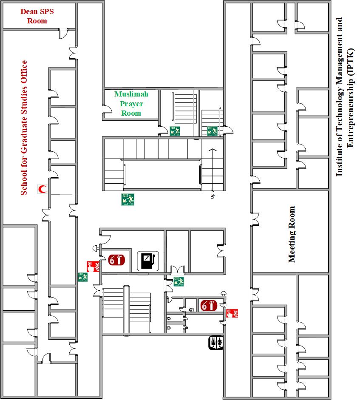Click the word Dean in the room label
pos(29,11)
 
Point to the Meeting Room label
pos(292,234)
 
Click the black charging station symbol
pos(147,260)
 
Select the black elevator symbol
pos(216,343)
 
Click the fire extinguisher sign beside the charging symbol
pos(116,260)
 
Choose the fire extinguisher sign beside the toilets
pos(208,306)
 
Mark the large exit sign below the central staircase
pos(128,199)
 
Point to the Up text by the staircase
pos(212,196)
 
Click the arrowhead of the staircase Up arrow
pos(212,150)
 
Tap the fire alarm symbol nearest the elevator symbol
pos(232,313)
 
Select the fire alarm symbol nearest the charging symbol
pos(92,267)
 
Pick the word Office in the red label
pos(24,72)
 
